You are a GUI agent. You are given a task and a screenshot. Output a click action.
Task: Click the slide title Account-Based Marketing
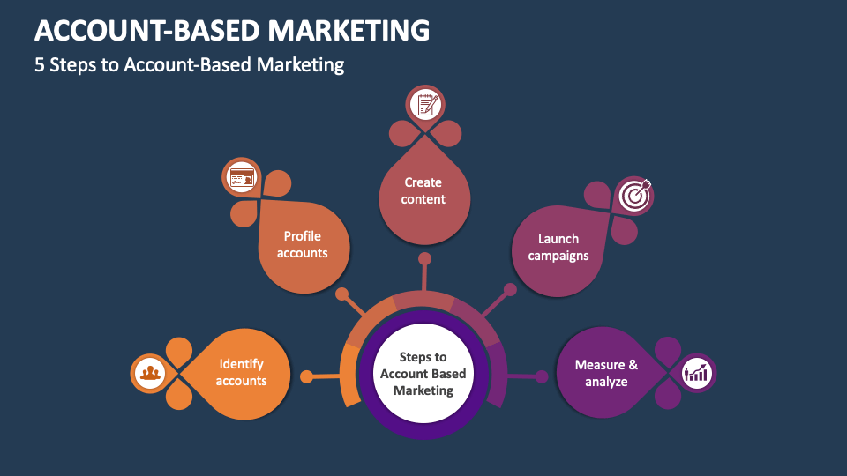232,30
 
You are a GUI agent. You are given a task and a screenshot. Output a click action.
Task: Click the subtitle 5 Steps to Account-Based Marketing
189,65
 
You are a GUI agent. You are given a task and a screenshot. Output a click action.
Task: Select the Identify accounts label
241,373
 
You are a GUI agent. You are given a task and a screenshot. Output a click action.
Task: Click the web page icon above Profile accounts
241,177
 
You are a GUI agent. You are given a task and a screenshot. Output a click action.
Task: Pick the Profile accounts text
303,244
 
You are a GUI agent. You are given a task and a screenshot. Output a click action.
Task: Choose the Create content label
423,190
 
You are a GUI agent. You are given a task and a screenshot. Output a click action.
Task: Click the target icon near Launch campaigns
633,196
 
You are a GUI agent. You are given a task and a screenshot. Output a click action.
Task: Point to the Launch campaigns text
558,247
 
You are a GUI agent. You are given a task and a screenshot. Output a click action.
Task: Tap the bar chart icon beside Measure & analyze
697,372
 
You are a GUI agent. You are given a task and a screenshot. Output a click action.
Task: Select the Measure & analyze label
606,373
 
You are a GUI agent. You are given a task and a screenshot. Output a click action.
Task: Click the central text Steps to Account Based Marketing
423,374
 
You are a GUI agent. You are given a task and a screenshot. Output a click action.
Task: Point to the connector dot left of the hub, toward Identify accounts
306,376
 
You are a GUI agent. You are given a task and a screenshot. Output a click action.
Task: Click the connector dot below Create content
424,259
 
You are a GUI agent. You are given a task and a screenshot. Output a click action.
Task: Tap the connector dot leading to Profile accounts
342,293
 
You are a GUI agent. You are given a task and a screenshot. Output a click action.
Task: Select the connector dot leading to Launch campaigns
509,290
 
